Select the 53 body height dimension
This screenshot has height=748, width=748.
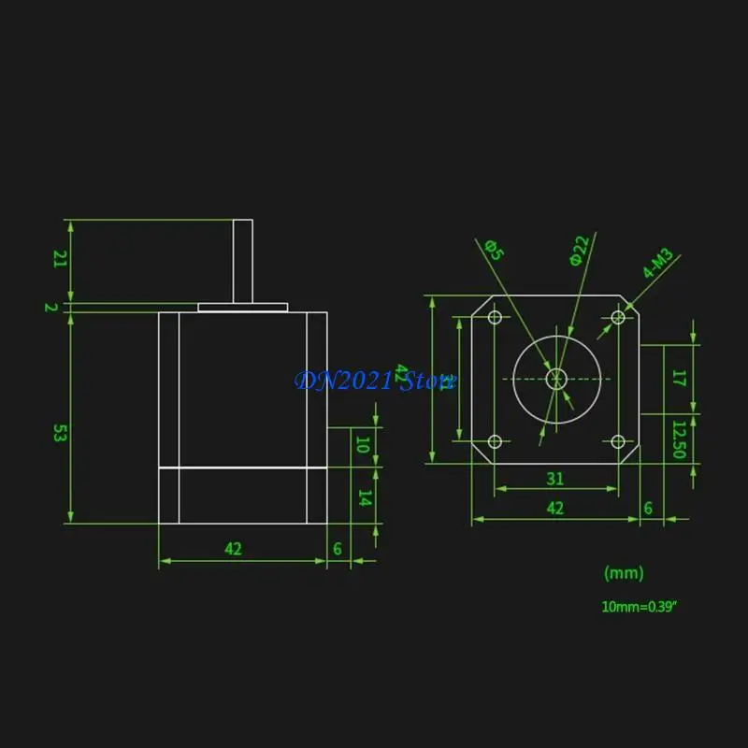[58, 432]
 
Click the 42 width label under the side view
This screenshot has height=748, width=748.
[233, 549]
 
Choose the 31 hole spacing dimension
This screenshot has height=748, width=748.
[555, 478]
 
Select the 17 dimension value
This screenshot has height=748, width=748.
[680, 379]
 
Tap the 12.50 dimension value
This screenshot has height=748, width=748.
[680, 439]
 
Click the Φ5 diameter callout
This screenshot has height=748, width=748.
[494, 251]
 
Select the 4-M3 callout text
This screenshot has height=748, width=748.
[658, 264]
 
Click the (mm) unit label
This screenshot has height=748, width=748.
[624, 572]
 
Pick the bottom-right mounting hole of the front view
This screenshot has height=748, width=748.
[617, 441]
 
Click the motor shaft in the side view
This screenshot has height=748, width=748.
[242, 261]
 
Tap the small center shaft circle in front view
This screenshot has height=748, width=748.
[556, 379]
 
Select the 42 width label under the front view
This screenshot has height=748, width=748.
[555, 508]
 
